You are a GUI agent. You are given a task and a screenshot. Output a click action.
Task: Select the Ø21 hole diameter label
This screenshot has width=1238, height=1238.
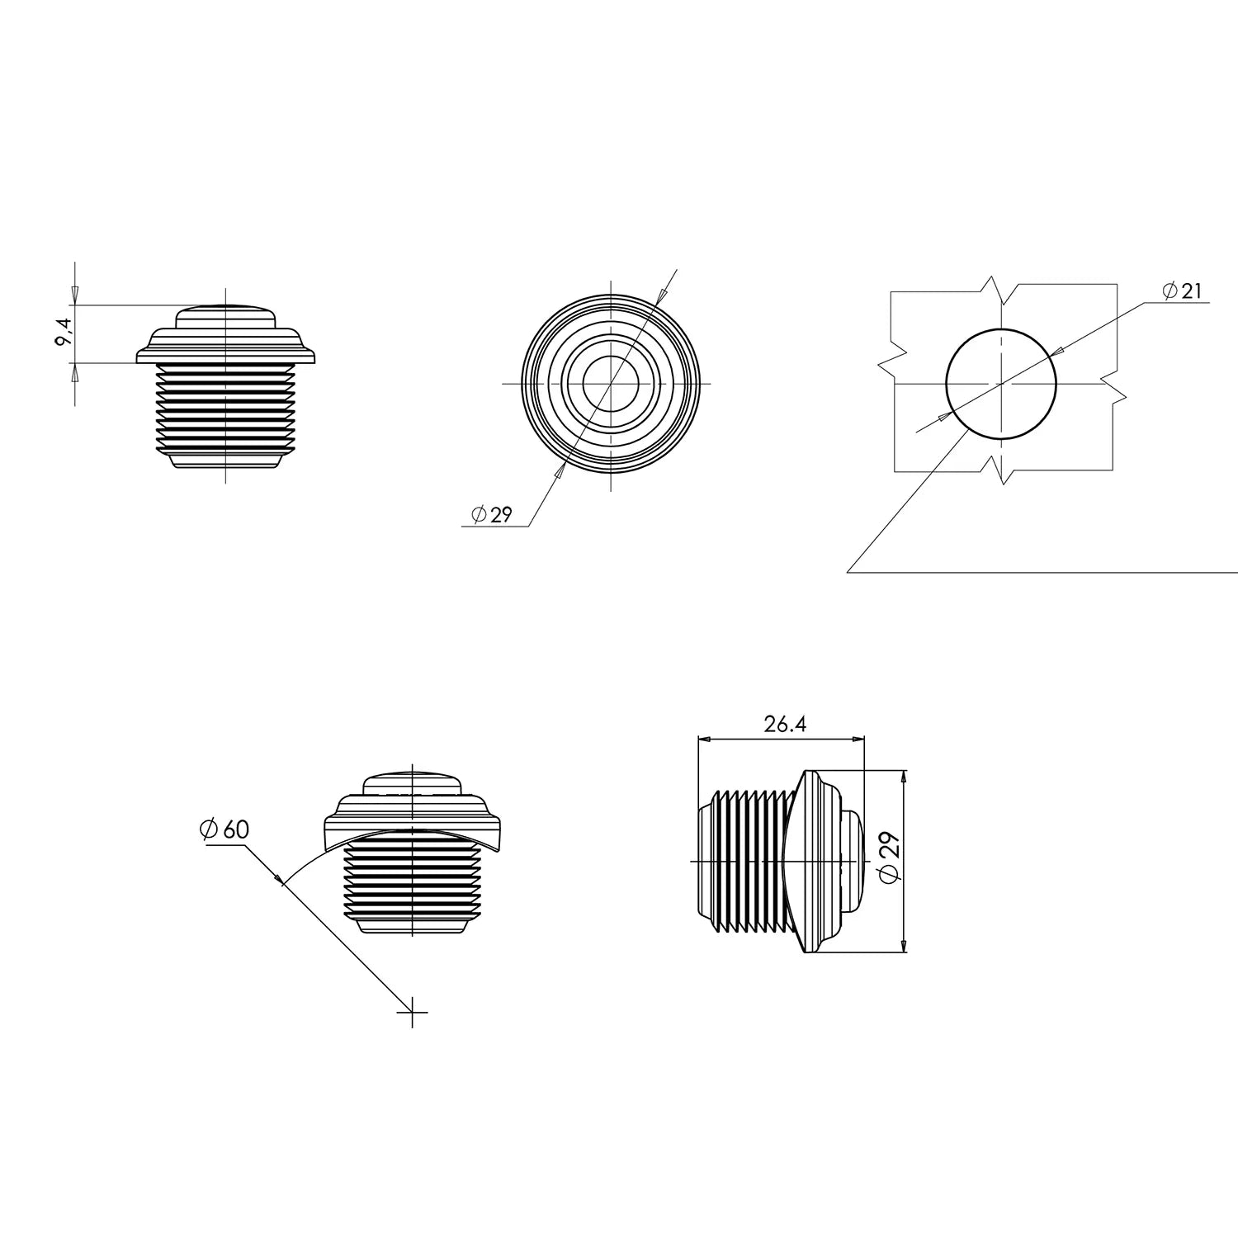(x=1182, y=291)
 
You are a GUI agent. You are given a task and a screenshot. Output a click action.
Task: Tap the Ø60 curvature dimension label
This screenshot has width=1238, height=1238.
(x=224, y=829)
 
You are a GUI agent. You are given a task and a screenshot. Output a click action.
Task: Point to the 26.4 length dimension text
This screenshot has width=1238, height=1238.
(x=784, y=725)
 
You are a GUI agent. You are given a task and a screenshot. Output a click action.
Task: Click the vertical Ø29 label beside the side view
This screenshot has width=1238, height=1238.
(x=891, y=858)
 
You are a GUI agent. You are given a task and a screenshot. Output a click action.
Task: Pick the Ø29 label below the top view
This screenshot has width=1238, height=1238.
(x=492, y=515)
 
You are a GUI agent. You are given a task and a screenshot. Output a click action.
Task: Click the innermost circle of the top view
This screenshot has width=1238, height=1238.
(x=611, y=383)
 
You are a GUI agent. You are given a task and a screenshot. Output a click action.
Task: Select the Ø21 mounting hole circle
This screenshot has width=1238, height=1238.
(x=1001, y=384)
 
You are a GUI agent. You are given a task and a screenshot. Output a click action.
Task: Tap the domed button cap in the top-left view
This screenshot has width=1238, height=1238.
(x=224, y=315)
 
